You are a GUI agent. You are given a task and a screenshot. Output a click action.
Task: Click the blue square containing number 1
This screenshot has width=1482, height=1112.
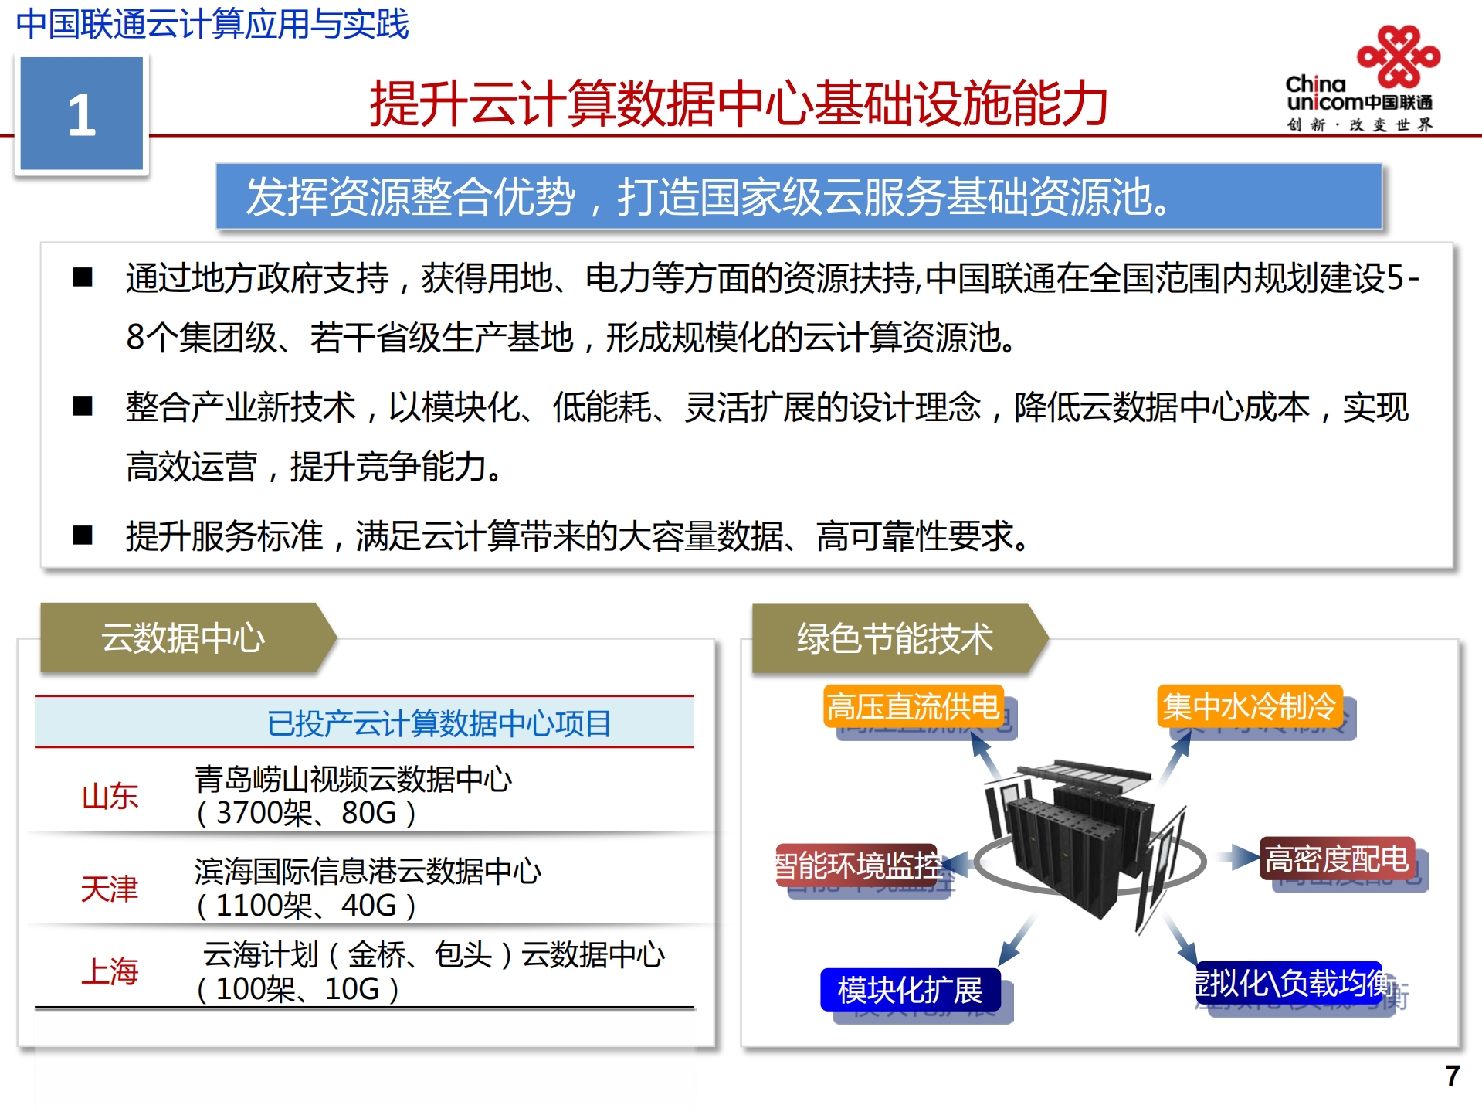[x=81, y=114]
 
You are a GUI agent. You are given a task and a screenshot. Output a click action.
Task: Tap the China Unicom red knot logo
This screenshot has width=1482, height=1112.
[x=1399, y=56]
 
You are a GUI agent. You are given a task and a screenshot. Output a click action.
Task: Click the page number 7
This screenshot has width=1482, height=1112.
[x=1452, y=1075]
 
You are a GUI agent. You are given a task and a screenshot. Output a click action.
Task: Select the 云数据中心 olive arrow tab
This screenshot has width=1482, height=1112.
[x=184, y=638]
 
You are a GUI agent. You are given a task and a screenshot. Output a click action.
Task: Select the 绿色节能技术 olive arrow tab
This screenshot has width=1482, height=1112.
[x=896, y=638]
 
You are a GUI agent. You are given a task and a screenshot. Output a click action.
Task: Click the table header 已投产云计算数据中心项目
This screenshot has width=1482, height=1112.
[x=439, y=723]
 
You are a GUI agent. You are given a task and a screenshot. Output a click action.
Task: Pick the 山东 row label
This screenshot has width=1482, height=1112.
[x=110, y=796]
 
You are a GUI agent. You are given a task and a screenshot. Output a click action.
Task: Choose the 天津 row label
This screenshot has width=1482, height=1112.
[x=110, y=889]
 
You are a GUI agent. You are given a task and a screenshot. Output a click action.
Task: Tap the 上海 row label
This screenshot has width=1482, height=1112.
[x=110, y=971]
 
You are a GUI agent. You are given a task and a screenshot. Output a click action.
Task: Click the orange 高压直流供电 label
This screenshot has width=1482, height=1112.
[x=913, y=706]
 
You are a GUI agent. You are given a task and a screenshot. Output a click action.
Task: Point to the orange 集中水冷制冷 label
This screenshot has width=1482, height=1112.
[x=1249, y=706]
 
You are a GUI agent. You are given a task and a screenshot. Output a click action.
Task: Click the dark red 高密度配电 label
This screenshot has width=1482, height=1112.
[x=1337, y=858]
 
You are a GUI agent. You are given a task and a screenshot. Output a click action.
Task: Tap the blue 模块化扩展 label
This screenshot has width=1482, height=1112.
[x=910, y=990]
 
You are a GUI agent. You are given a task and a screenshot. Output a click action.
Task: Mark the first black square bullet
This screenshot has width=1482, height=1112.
[x=83, y=277]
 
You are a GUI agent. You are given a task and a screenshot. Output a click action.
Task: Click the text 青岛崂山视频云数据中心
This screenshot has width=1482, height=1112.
[x=353, y=779]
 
